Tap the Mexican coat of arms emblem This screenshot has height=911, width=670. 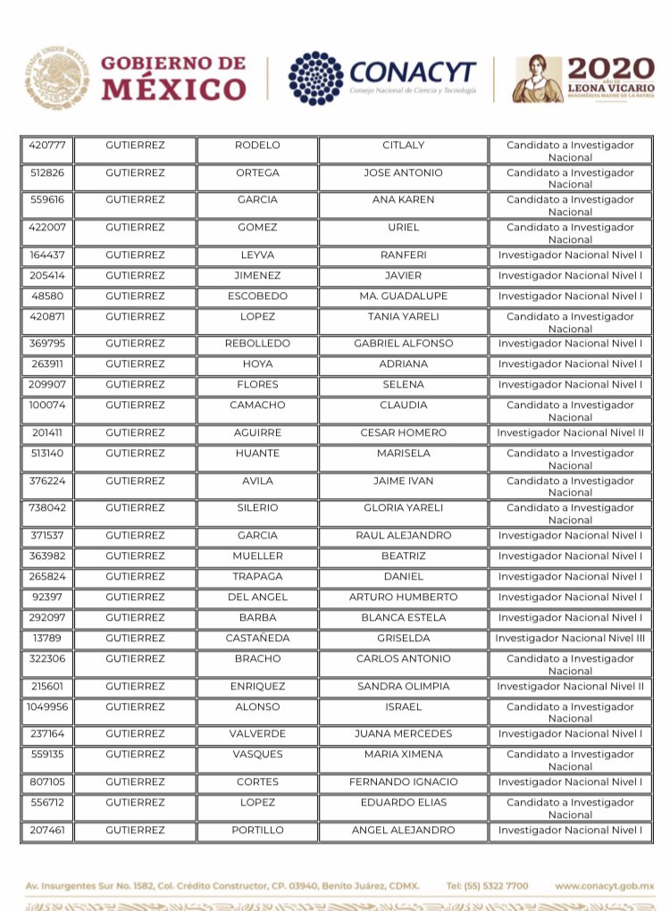point(56,78)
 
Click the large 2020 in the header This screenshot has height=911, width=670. point(611,69)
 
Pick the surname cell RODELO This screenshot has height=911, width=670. point(257,145)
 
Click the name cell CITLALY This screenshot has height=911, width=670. point(403,145)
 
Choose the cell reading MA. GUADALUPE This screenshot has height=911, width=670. point(403,296)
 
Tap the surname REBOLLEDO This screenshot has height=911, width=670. point(257,344)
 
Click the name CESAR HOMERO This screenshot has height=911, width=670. point(403,433)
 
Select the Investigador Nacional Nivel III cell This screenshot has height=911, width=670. point(570,639)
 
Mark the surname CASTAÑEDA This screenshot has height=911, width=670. point(257,639)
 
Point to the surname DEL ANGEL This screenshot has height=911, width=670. point(257,598)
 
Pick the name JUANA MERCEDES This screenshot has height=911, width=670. point(403,734)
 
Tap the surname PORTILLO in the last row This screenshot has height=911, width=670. point(257,831)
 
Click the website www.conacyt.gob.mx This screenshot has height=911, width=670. point(604,886)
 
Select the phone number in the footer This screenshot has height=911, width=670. point(487,886)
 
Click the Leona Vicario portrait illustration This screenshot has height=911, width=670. point(537,79)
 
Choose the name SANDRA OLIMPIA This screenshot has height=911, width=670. point(403,687)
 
